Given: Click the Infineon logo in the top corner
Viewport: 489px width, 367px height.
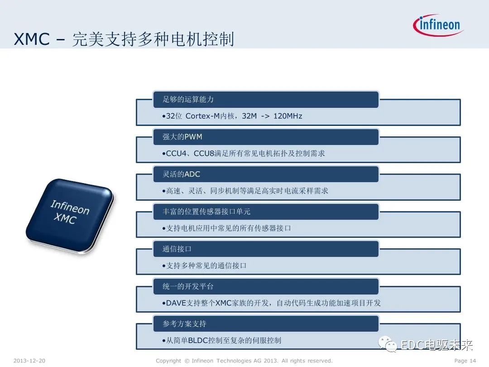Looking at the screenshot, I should [438, 25].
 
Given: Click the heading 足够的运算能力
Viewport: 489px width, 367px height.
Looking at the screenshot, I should [188, 99].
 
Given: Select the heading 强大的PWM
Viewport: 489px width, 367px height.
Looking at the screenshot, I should [182, 137].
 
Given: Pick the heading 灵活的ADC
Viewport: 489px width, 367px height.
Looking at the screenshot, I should [181, 174].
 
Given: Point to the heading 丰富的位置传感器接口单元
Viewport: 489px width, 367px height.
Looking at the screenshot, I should [206, 212].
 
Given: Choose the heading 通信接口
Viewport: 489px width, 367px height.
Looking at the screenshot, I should [177, 249].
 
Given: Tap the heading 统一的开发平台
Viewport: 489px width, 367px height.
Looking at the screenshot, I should [188, 286].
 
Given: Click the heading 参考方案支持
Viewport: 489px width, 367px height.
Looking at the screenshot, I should [184, 324].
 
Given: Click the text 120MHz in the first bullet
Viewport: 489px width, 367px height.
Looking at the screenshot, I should [288, 116].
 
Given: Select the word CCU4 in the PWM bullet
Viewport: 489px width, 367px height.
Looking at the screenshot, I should [176, 154].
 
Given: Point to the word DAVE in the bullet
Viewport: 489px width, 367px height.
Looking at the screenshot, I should [176, 303].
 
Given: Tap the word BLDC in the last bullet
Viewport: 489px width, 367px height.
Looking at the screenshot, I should [197, 340].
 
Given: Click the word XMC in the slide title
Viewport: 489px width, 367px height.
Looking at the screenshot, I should [31, 39].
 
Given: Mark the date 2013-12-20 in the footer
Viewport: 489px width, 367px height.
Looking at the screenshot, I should [29, 361].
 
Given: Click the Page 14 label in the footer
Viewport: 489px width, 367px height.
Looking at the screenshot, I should [465, 361].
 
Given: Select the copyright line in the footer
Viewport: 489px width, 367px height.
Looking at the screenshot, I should [244, 361].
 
